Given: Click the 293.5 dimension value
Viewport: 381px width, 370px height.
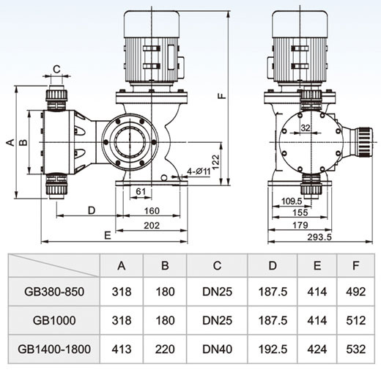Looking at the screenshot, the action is point(319,237).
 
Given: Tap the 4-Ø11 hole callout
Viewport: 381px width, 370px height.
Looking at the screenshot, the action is point(199,171).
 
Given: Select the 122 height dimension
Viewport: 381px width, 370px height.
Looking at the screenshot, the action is point(216,162).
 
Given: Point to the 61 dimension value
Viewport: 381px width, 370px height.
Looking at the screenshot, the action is point(141,191).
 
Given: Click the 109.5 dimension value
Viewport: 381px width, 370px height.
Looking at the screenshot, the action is point(292,201).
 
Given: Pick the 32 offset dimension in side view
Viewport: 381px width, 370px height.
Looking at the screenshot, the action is point(306,127).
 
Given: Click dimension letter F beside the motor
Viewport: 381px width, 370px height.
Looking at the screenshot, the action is point(222,95).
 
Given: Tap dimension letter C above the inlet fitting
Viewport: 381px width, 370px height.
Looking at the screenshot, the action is point(56,70).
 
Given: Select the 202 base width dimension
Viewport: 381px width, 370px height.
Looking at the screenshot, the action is point(152,226).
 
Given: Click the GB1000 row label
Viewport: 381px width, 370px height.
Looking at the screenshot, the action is point(54,320).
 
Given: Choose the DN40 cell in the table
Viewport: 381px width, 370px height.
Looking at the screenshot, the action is point(217,349).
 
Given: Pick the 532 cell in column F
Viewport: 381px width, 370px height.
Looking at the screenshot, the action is point(355,349).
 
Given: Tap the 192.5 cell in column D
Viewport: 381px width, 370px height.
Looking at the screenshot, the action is point(273,349).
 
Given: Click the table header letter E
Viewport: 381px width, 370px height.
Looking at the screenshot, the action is point(317,265).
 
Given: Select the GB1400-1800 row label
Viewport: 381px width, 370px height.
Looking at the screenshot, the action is point(54,349).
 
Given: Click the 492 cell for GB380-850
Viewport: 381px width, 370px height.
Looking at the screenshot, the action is point(355,292).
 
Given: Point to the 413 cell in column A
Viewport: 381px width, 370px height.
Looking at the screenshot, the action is point(122,349).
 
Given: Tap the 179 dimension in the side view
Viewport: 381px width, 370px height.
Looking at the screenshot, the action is point(300,225).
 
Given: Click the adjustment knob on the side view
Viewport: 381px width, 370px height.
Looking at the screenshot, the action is point(366,142).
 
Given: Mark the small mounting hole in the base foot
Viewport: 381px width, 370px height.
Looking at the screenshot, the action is point(164,177).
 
